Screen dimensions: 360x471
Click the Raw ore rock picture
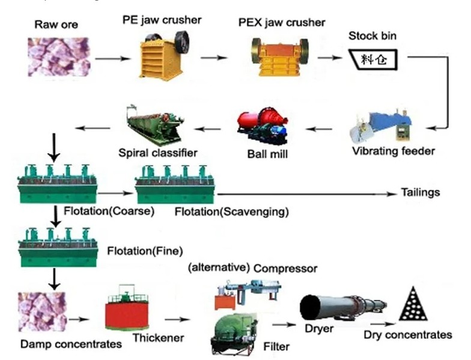59,56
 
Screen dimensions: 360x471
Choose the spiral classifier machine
159,124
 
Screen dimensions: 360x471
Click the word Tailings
421,193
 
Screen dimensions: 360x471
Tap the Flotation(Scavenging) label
232,212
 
